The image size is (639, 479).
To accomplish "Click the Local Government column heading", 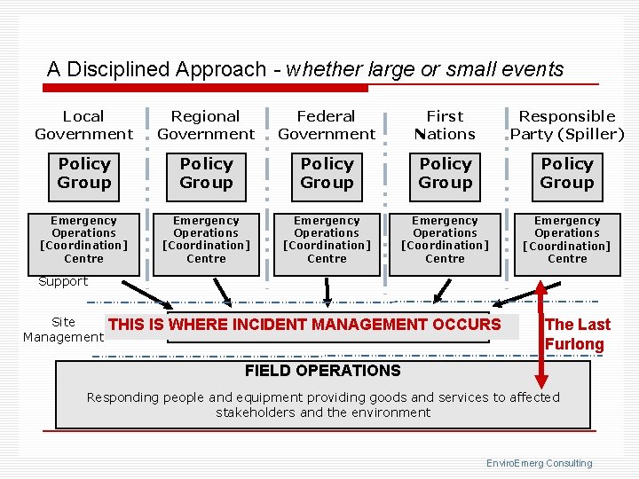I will click(83, 125).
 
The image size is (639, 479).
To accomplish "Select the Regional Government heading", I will click(206, 125).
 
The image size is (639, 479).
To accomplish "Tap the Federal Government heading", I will click(327, 125).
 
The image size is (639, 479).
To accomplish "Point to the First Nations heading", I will click(445, 125).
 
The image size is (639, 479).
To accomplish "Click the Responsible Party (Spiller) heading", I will click(567, 125).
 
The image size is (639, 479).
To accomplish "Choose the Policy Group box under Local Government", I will click(84, 173).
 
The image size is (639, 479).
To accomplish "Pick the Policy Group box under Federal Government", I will click(327, 173).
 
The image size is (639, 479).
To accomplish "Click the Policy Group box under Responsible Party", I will click(567, 173).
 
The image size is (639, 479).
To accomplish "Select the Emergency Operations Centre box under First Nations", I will click(445, 239).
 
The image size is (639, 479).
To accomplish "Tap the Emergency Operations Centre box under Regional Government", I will click(206, 239).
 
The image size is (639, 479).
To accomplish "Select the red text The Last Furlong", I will click(576, 334).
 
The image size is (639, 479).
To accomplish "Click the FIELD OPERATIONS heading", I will click(322, 371).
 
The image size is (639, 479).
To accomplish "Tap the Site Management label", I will click(63, 329).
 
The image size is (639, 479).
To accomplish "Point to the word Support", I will click(63, 281).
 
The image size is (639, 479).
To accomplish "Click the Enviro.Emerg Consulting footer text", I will click(539, 463).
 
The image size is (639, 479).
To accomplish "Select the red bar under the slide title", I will click(206, 88).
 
